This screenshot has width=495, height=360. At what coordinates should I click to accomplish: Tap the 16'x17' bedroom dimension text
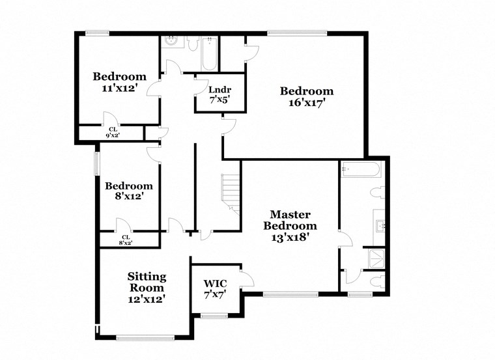coord(306,102)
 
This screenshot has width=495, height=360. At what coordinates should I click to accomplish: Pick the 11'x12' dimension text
coord(118,87)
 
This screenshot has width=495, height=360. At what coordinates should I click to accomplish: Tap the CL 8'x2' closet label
coord(125,240)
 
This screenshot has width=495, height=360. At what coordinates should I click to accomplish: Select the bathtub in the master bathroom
coord(361,171)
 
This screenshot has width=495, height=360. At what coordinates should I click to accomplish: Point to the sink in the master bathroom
coord(380,225)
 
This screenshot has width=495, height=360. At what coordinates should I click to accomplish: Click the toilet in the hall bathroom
coord(193,43)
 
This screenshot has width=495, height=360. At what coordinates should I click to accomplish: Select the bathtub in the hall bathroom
coord(209,53)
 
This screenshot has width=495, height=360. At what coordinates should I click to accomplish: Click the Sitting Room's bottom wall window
coord(145,337)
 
